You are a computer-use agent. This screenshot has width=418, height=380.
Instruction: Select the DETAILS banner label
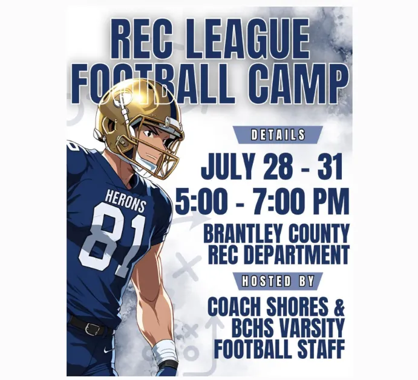(x=278, y=135)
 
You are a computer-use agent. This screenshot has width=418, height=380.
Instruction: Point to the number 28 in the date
(x=278, y=166)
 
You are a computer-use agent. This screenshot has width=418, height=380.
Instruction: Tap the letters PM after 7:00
(x=333, y=201)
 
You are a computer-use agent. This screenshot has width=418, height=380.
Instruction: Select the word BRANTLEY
(x=243, y=233)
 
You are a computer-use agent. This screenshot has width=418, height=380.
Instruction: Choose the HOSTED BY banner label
(x=278, y=281)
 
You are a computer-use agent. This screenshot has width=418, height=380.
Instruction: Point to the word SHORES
(x=297, y=306)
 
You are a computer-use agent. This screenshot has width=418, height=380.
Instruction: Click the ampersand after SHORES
(x=339, y=306)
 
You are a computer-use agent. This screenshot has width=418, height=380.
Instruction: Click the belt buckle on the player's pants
(x=92, y=329)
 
